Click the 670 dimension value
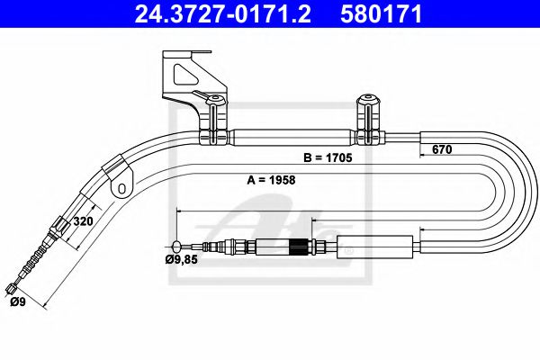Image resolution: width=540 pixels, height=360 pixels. (440, 149)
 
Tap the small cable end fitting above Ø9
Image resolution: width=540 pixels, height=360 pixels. (11, 288)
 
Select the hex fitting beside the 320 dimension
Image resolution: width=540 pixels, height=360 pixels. (59, 225)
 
